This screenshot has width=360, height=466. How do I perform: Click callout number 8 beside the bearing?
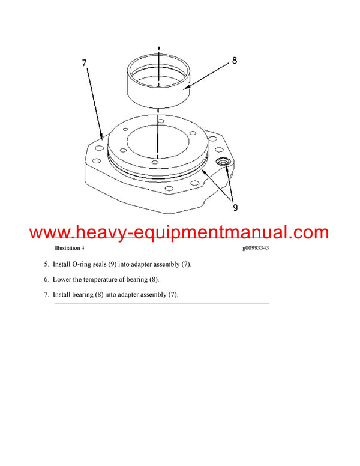coord(234,60)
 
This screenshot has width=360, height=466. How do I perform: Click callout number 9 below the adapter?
coord(235,208)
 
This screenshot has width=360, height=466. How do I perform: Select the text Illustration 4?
coord(69,248)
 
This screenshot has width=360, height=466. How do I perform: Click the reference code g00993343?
coord(251,248)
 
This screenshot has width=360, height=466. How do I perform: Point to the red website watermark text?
coord(179,232)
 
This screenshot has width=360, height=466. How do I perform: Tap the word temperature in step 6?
coord(107,280)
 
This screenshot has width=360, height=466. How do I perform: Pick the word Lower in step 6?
coord(62,280)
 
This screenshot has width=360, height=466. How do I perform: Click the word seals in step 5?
coord(106,264)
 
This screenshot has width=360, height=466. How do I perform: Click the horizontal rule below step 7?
coord(161,304)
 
